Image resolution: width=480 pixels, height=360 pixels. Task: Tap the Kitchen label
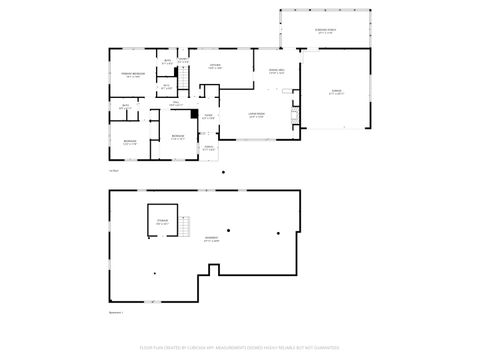(x=215, y=66)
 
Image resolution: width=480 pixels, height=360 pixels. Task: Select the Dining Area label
(x=276, y=70)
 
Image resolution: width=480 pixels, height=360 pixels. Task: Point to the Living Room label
(x=257, y=115)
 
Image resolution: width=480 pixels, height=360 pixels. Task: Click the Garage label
(x=337, y=91)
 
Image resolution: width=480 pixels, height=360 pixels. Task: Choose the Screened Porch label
(x=326, y=31)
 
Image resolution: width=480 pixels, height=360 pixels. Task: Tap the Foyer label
(x=208, y=116)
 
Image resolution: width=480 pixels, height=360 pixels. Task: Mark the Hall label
(x=174, y=102)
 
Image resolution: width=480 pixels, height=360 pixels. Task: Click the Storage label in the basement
(x=162, y=222)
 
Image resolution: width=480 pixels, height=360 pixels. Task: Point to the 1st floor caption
(x=113, y=170)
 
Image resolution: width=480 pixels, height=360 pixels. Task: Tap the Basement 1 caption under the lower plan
(x=116, y=312)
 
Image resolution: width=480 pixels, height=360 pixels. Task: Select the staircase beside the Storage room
(x=185, y=228)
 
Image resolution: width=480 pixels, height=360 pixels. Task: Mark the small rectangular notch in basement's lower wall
(x=212, y=268)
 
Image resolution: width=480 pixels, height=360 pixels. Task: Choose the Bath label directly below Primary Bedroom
(x=126, y=105)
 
